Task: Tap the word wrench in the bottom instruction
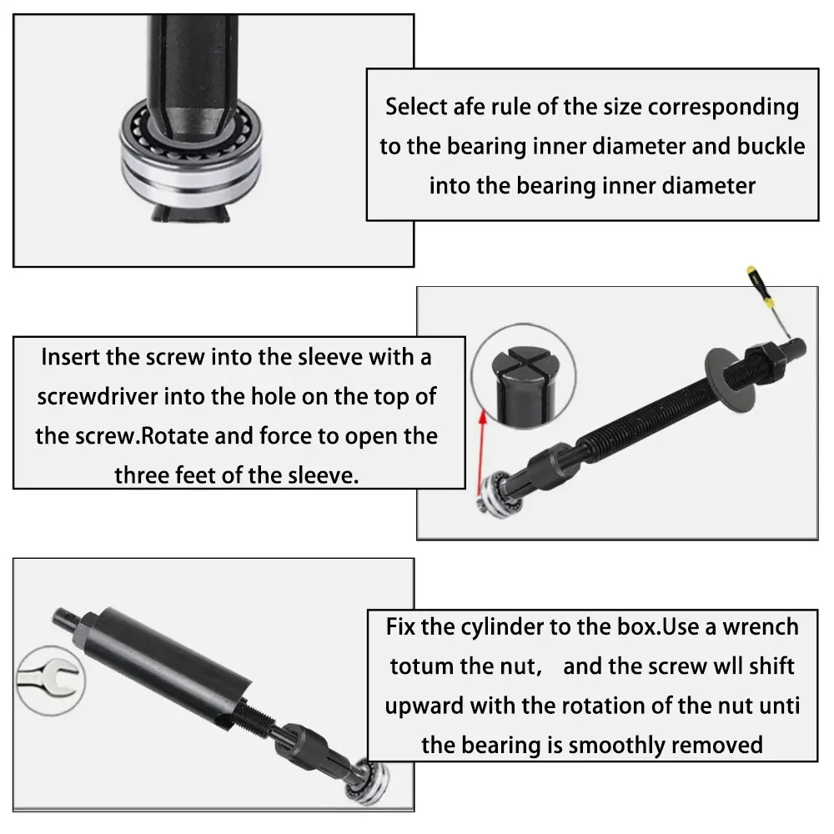click(758, 626)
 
